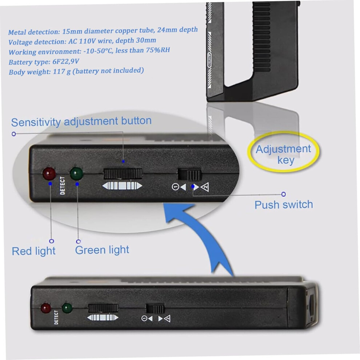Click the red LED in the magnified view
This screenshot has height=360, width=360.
coord(49,173)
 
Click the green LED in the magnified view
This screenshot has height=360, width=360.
coord(76,173)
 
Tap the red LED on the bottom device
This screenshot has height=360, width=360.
coord(46,308)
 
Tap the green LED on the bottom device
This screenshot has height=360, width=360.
coord(67,308)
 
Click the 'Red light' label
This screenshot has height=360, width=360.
coord(33,251)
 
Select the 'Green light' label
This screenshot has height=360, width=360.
coord(102,250)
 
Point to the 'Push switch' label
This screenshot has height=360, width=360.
coord(284,205)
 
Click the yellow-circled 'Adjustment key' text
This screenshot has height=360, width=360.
coord(284,154)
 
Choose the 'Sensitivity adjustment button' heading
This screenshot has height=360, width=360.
coord(81,121)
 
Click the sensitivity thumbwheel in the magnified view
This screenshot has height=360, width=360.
coord(123,174)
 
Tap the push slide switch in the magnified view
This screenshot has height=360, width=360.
coord(190,175)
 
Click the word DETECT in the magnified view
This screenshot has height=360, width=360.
coord(62,185)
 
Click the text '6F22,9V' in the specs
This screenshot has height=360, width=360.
coord(66,62)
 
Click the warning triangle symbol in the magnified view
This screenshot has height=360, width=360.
coord(205,187)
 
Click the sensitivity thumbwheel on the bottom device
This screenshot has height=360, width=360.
coord(103,308)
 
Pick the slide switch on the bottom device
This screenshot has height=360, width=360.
coord(155,309)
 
